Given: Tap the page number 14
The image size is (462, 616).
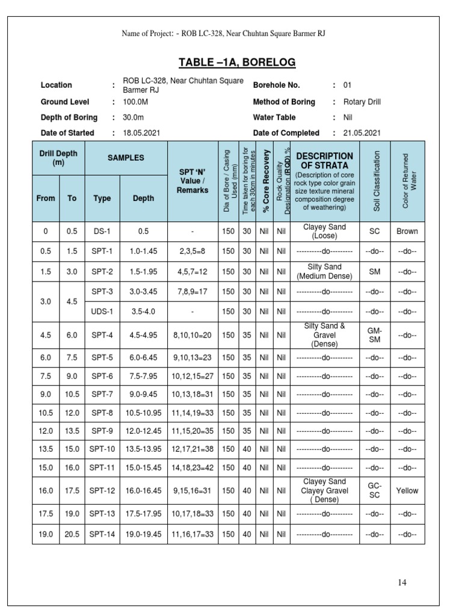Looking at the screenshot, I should click(402, 582).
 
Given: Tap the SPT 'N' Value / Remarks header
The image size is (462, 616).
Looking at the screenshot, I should click(193, 181).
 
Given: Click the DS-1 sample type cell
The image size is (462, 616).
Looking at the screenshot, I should click(102, 231).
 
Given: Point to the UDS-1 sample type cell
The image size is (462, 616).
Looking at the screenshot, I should click(102, 312).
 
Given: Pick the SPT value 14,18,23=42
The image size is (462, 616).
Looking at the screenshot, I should click(193, 467).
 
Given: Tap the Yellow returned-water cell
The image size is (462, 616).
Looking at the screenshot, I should click(407, 490).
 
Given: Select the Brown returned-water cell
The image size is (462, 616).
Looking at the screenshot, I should click(407, 231).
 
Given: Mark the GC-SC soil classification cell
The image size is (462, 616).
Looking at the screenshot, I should click(374, 490).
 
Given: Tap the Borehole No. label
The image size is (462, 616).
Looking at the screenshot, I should click(276, 85).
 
